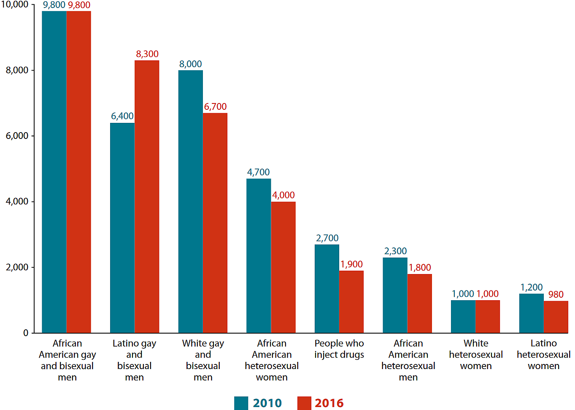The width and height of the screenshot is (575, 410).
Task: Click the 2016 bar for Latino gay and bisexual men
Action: (x=147, y=197)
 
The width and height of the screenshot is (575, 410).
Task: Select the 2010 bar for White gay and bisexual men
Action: (x=190, y=202)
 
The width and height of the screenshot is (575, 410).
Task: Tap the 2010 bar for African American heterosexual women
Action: (x=259, y=256)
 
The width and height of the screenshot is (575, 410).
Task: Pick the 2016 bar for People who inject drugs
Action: (x=351, y=302)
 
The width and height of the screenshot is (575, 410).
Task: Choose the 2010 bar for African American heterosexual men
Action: (x=395, y=296)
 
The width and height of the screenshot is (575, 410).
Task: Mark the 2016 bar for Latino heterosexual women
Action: (x=556, y=317)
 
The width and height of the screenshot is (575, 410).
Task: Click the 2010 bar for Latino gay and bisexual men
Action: (x=122, y=228)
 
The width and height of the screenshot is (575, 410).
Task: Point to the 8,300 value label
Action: (x=147, y=54)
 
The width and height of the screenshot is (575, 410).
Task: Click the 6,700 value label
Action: (x=215, y=106)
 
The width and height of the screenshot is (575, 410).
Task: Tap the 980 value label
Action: (x=556, y=294)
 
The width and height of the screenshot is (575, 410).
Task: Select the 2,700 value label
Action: (x=327, y=238)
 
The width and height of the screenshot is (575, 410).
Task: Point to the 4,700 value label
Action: (x=258, y=172)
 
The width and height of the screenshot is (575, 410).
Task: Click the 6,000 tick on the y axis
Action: (x=17, y=136)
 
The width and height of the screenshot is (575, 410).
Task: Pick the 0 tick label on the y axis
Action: (x=26, y=333)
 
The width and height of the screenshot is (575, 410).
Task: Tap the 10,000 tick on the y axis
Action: (x=15, y=5)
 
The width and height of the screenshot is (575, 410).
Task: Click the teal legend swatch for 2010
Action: (x=241, y=403)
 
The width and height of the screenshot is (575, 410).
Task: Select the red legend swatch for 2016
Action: (x=304, y=403)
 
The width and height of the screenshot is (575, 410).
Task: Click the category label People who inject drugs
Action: (x=339, y=349)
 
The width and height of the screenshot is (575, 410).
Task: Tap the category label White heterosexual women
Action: (x=476, y=355)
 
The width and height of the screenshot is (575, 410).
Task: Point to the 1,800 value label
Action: (x=420, y=268)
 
